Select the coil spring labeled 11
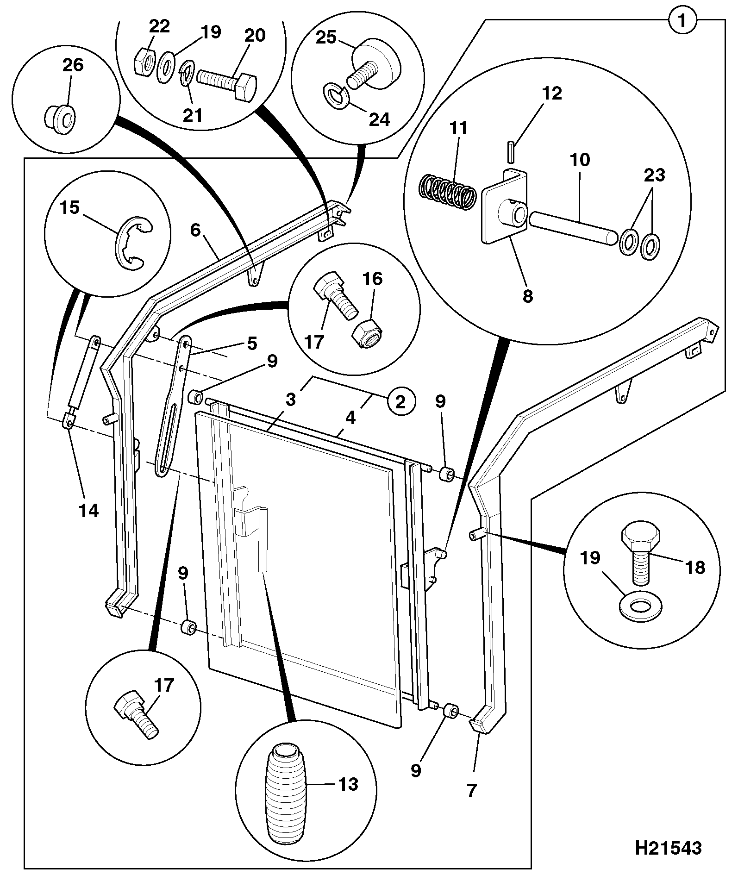click(447, 192)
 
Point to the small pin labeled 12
click(510, 152)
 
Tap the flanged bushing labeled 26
click(60, 115)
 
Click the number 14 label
click(89, 511)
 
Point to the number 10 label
click(580, 160)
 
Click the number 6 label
click(194, 230)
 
